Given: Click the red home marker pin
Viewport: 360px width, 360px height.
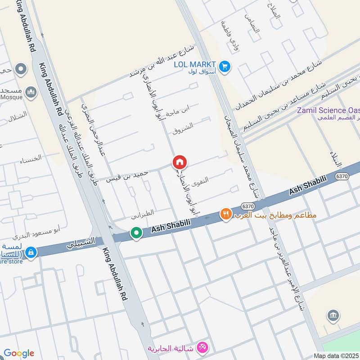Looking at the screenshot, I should coord(180,162).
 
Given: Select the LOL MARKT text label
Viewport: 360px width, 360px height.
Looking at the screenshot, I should coord(196,64).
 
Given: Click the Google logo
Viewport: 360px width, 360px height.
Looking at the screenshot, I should coord(18,353).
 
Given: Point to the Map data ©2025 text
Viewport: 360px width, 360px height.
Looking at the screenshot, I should coord(336,355).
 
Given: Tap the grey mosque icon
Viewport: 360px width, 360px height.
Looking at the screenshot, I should coord(31,93).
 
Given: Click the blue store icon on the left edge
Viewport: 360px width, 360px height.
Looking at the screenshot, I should coord(31,252).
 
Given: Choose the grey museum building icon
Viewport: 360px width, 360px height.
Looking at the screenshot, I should coord(334,315).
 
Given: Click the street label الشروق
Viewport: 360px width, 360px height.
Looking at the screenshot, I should coord(183,129).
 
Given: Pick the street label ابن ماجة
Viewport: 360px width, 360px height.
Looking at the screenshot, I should coord(178,111).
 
